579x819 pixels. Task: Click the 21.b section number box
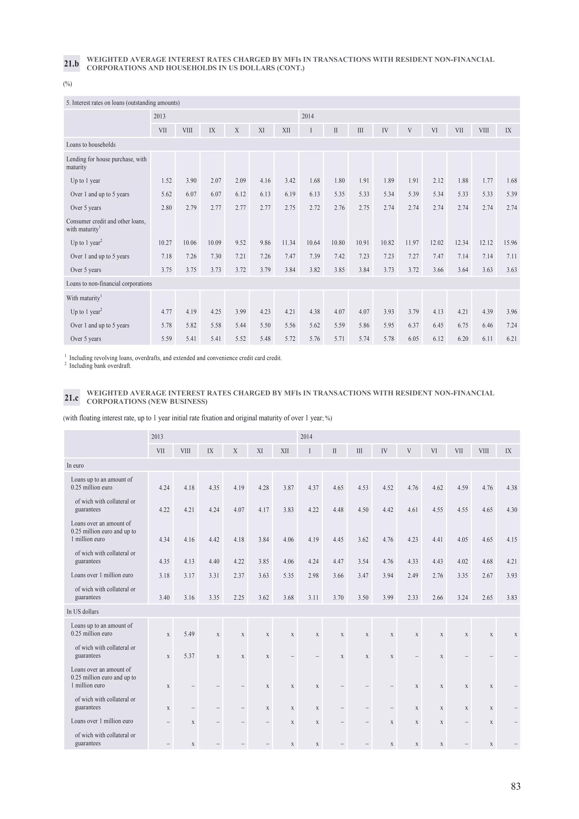click(x=71, y=64)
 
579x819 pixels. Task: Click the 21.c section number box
click(x=71, y=398)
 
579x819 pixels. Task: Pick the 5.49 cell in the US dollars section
click(x=189, y=634)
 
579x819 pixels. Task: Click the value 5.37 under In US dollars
click(x=189, y=656)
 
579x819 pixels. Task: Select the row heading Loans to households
click(x=91, y=145)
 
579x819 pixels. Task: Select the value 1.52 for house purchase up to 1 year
click(x=166, y=181)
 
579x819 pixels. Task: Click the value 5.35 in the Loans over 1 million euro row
click(x=288, y=575)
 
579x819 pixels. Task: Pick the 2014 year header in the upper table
click(x=308, y=116)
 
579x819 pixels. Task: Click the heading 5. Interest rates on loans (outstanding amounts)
click(x=123, y=103)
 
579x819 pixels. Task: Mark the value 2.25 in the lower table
click(x=239, y=597)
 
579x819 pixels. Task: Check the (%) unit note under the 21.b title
click(x=67, y=84)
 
